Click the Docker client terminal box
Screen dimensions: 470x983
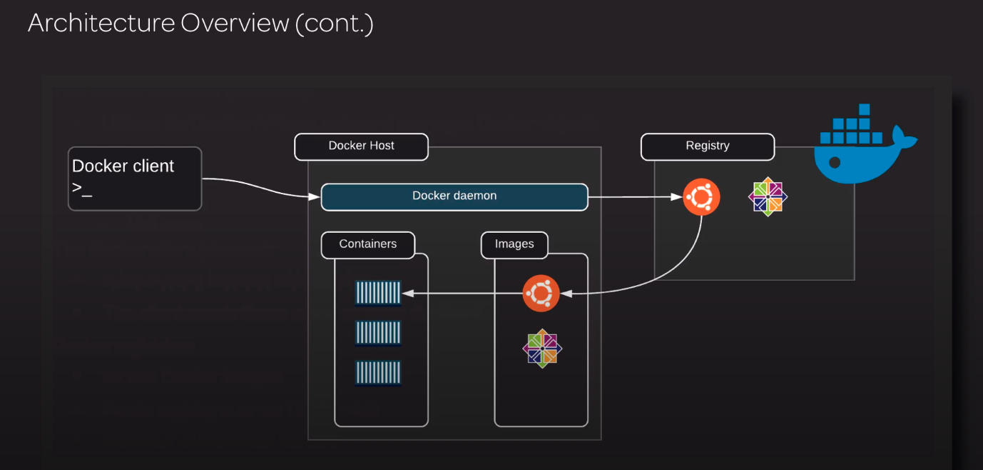pos(135,179)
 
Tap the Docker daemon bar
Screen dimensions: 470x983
pos(454,197)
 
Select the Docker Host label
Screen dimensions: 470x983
pos(361,146)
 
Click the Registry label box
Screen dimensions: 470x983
pos(707,146)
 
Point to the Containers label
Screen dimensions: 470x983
pos(367,245)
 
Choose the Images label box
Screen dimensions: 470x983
pos(514,245)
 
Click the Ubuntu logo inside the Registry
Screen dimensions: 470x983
pos(701,197)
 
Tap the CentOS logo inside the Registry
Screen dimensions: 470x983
pos(768,196)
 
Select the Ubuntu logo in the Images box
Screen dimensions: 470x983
pos(541,293)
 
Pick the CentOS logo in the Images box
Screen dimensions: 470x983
pos(542,349)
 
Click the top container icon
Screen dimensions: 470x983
pos(378,292)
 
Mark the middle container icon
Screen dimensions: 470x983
pos(378,332)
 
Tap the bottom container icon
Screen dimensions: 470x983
pos(378,372)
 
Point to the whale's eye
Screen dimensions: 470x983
pos(835,163)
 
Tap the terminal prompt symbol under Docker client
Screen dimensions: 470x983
pos(82,190)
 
